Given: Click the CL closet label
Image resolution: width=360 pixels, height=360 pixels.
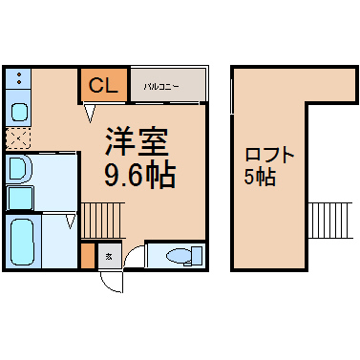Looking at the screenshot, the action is click(103, 85).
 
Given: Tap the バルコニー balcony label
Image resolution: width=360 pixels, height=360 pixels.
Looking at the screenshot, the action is click(161, 86).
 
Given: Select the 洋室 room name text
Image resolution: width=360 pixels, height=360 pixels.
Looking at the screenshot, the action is click(137, 142).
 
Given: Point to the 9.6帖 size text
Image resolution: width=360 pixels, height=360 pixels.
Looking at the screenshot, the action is click(140, 175).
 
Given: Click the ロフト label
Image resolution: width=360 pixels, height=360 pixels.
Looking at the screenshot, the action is click(269, 156).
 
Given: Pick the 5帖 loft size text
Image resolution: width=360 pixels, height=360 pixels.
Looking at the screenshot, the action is click(260, 177).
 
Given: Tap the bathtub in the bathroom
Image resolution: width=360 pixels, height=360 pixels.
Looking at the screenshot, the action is click(22, 243).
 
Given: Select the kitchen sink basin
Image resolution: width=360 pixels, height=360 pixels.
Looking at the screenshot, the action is click(19, 113).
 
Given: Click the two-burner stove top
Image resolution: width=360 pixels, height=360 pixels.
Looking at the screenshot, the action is click(18, 78).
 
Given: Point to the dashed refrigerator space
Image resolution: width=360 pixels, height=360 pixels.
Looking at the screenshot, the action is click(18, 138).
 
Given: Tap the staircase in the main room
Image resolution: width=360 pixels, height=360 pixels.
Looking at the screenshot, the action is click(103, 221).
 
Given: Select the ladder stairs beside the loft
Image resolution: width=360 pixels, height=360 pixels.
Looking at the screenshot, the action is click(330, 221).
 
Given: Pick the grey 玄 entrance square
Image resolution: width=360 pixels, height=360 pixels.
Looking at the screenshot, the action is click(110, 256).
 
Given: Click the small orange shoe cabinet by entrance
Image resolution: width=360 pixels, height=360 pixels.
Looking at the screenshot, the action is click(88, 256).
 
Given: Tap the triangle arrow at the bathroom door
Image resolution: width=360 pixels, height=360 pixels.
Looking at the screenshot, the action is click(71, 222).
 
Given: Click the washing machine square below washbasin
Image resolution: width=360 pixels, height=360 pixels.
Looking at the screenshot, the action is click(20, 199).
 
